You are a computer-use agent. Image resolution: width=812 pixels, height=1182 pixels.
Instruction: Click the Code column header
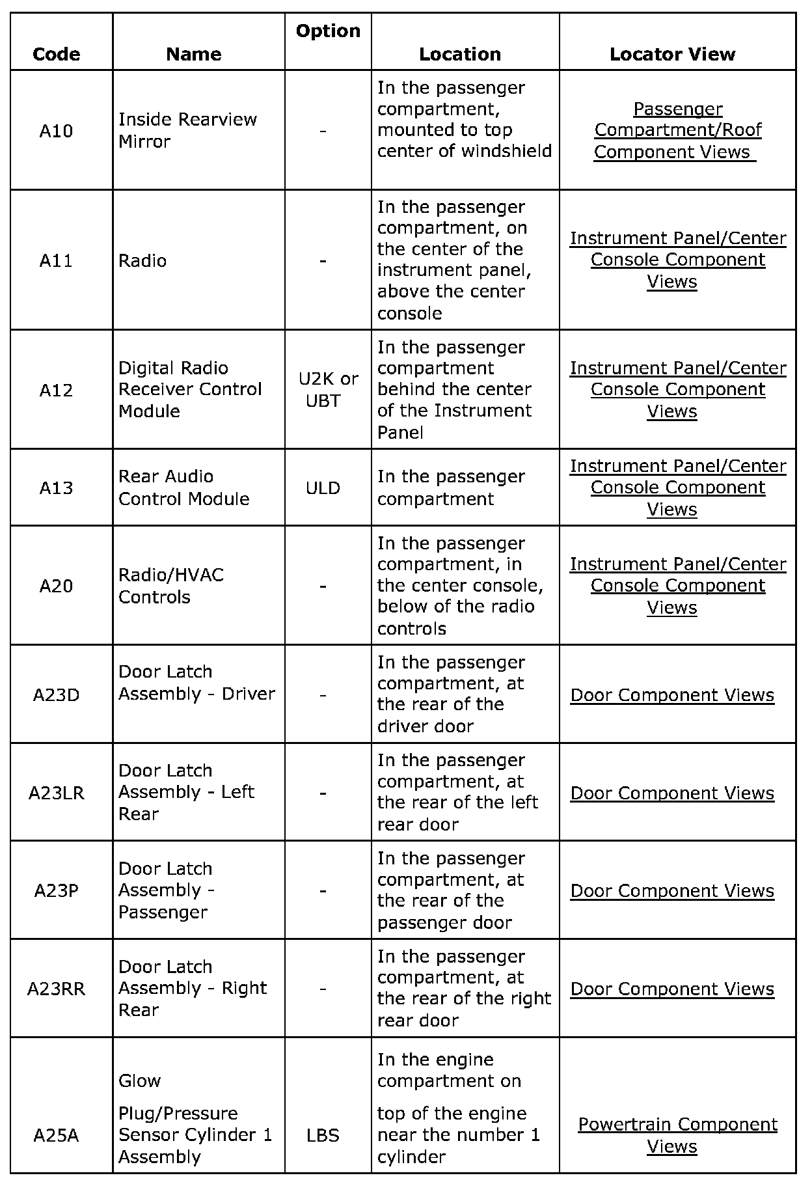click(x=57, y=54)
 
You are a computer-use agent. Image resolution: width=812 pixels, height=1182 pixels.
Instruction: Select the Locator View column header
click(x=672, y=54)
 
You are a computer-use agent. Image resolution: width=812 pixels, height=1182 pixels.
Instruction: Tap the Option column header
click(x=328, y=31)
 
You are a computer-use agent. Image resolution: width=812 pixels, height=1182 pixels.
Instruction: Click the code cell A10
click(x=57, y=131)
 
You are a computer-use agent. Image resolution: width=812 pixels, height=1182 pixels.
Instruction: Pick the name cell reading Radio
click(x=142, y=260)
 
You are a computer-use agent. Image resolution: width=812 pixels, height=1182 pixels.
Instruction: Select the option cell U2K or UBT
click(x=327, y=389)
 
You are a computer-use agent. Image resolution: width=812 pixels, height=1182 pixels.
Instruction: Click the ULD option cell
click(x=323, y=488)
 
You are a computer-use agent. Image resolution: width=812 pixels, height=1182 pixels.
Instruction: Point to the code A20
click(x=57, y=586)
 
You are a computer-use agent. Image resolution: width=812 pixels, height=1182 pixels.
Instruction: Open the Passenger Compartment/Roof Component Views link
click(x=677, y=130)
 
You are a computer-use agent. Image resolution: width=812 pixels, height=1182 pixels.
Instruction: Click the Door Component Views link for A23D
click(x=672, y=695)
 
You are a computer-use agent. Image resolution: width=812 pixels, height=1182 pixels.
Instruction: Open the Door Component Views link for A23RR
click(x=672, y=989)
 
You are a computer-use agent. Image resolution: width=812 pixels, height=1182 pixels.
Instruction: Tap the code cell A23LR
click(x=57, y=793)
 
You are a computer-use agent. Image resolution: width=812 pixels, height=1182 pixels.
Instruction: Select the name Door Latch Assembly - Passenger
click(x=166, y=890)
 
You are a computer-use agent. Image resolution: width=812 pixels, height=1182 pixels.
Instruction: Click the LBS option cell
click(x=323, y=1136)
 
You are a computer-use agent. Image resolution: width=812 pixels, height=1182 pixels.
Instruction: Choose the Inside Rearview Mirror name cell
click(x=187, y=130)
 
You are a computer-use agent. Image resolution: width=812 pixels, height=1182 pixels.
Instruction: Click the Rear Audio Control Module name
click(x=183, y=488)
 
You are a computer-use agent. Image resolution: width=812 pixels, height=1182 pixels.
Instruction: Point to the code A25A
click(x=57, y=1136)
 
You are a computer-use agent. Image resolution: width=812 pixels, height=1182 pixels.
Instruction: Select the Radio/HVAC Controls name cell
click(x=170, y=586)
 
